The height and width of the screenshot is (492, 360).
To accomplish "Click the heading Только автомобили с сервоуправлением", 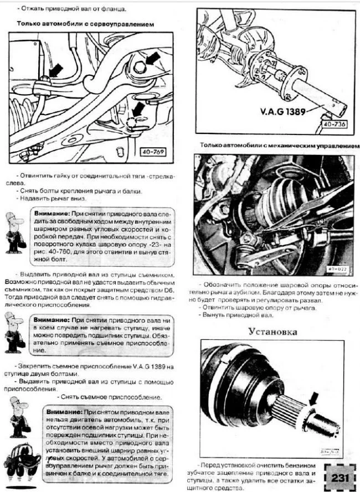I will coord(85,24).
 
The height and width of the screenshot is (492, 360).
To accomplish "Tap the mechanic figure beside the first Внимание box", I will coord(14,231).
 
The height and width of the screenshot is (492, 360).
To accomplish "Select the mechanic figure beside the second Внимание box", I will coord(13,332).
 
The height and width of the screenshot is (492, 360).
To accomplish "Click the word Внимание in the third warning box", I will coord(63,412).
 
